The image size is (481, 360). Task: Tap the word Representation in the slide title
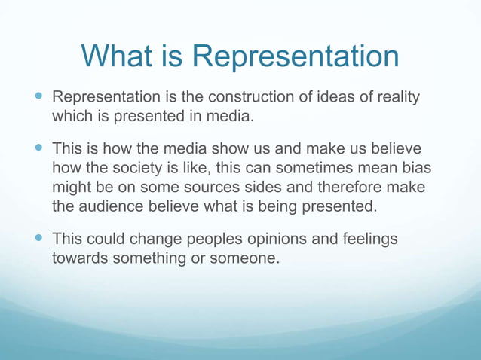click(x=295, y=56)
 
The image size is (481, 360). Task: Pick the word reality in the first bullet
click(x=394, y=98)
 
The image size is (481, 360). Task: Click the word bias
click(x=415, y=168)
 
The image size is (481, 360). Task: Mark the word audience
click(x=114, y=206)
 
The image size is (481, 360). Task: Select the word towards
click(x=79, y=258)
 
